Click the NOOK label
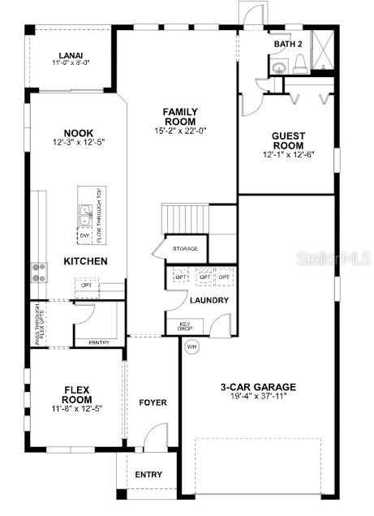click(78, 134)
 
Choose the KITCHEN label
click(86, 261)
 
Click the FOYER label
click(153, 402)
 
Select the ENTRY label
click(148, 475)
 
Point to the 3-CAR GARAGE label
click(259, 387)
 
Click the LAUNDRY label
click(209, 300)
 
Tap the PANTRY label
click(99, 342)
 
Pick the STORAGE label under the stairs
click(184, 248)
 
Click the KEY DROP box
click(185, 327)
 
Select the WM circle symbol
click(192, 346)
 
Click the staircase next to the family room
click(186, 217)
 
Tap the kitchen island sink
click(85, 215)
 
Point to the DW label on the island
click(84, 236)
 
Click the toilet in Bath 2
click(299, 64)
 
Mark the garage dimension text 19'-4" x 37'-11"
click(259, 398)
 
